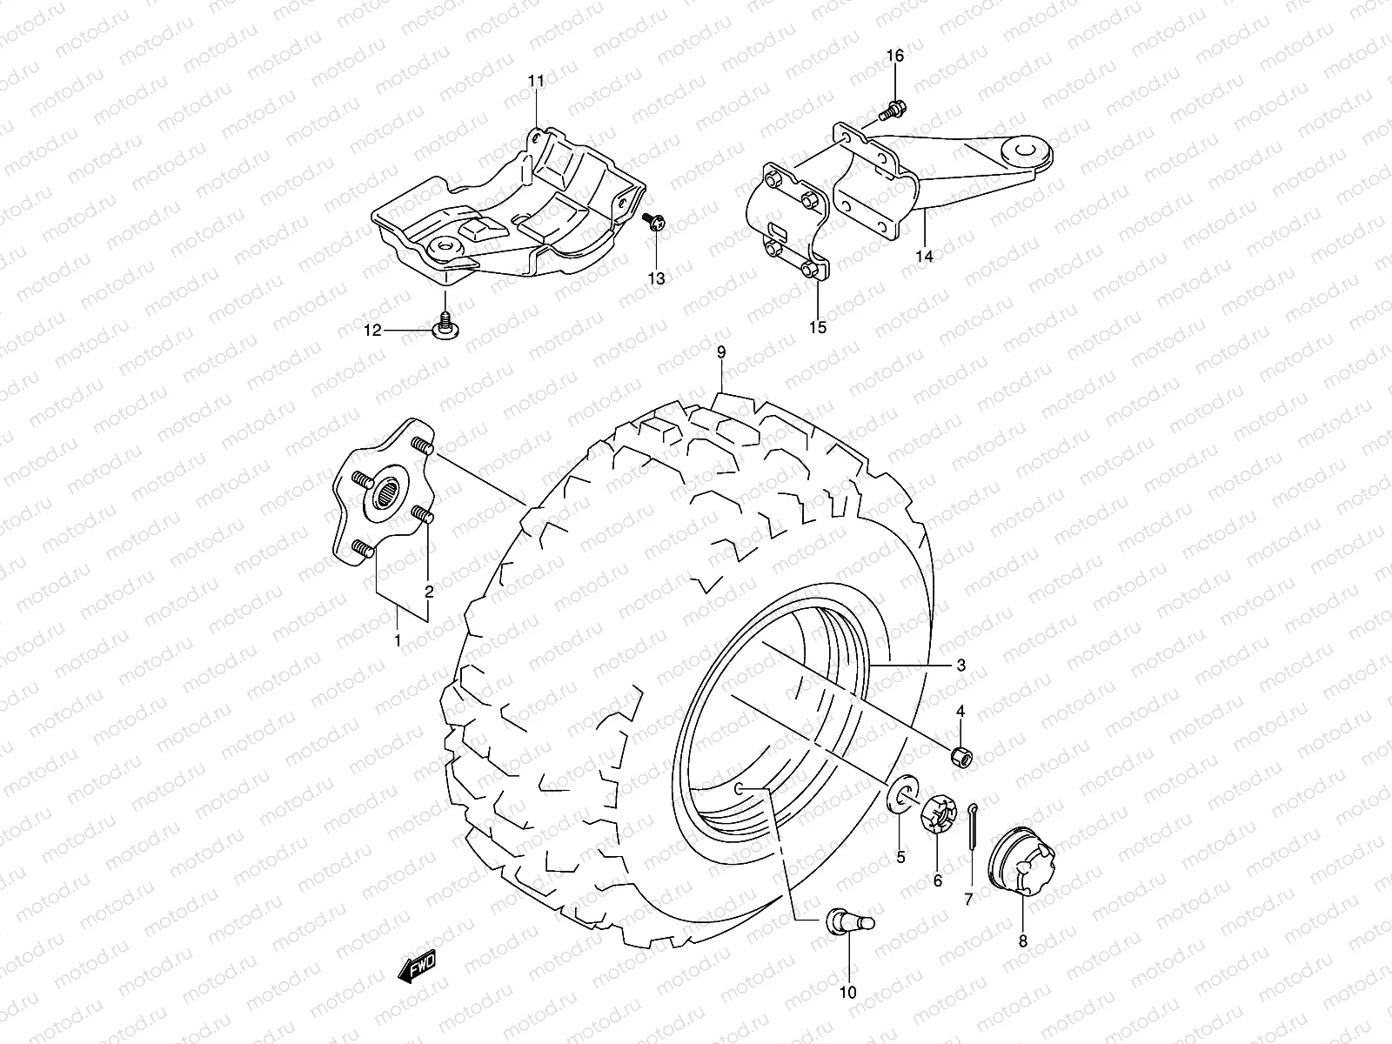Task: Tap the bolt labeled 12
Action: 445,327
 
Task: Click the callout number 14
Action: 924,257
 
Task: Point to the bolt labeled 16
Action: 891,110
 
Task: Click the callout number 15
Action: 818,328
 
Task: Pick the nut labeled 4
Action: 961,756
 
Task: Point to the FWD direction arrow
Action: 418,967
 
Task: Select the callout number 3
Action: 960,666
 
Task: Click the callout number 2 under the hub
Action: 429,592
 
